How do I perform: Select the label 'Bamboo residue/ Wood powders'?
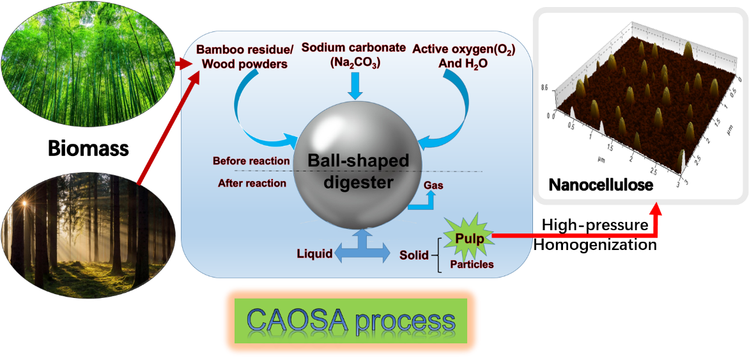[x=242, y=56]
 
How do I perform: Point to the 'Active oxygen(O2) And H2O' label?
[x=463, y=56]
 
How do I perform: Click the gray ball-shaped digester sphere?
[x=358, y=170]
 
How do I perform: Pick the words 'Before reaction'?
[x=251, y=161]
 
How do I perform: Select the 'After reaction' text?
[x=252, y=184]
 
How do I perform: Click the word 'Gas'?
[x=433, y=185]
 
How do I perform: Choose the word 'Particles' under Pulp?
[x=472, y=263]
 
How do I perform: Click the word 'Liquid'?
[x=314, y=254]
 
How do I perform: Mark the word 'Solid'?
[x=414, y=254]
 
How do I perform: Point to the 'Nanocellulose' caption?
[x=601, y=186]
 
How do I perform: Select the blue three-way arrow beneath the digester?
[x=363, y=249]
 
